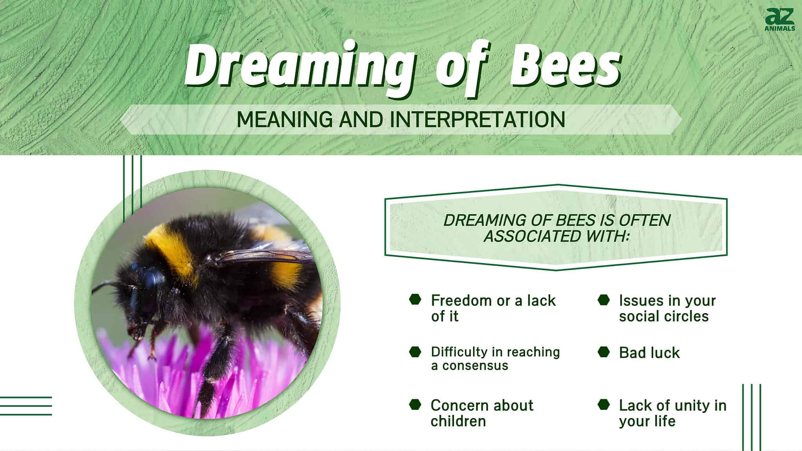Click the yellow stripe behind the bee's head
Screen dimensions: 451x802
[172, 251]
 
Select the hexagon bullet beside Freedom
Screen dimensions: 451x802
[415, 300]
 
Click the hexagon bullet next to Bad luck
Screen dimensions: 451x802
[603, 352]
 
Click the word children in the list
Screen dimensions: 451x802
[458, 421]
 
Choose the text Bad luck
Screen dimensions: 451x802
[649, 353]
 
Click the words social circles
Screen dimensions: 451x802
[663, 316]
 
